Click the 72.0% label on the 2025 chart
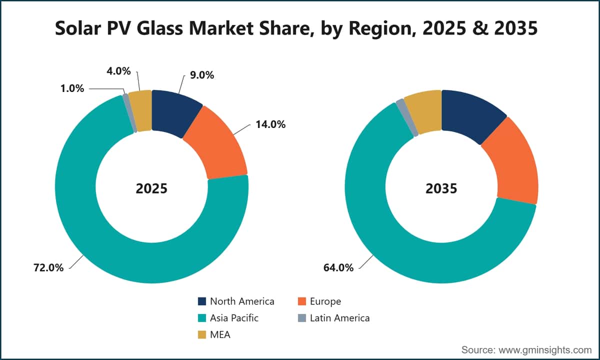(x=48, y=267)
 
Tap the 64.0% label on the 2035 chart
(x=338, y=267)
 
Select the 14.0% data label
(x=270, y=124)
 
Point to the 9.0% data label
(x=202, y=75)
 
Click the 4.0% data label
(x=118, y=71)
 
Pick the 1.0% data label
(x=72, y=88)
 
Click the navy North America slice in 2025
(x=174, y=112)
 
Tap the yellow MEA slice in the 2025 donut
(x=140, y=110)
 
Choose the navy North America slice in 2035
(x=471, y=115)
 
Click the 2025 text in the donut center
(x=151, y=188)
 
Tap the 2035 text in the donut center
(x=441, y=188)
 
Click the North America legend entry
(x=236, y=301)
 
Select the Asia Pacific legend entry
(x=228, y=318)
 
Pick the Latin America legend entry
(x=334, y=318)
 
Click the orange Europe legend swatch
(x=302, y=301)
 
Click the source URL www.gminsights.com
(x=545, y=350)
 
